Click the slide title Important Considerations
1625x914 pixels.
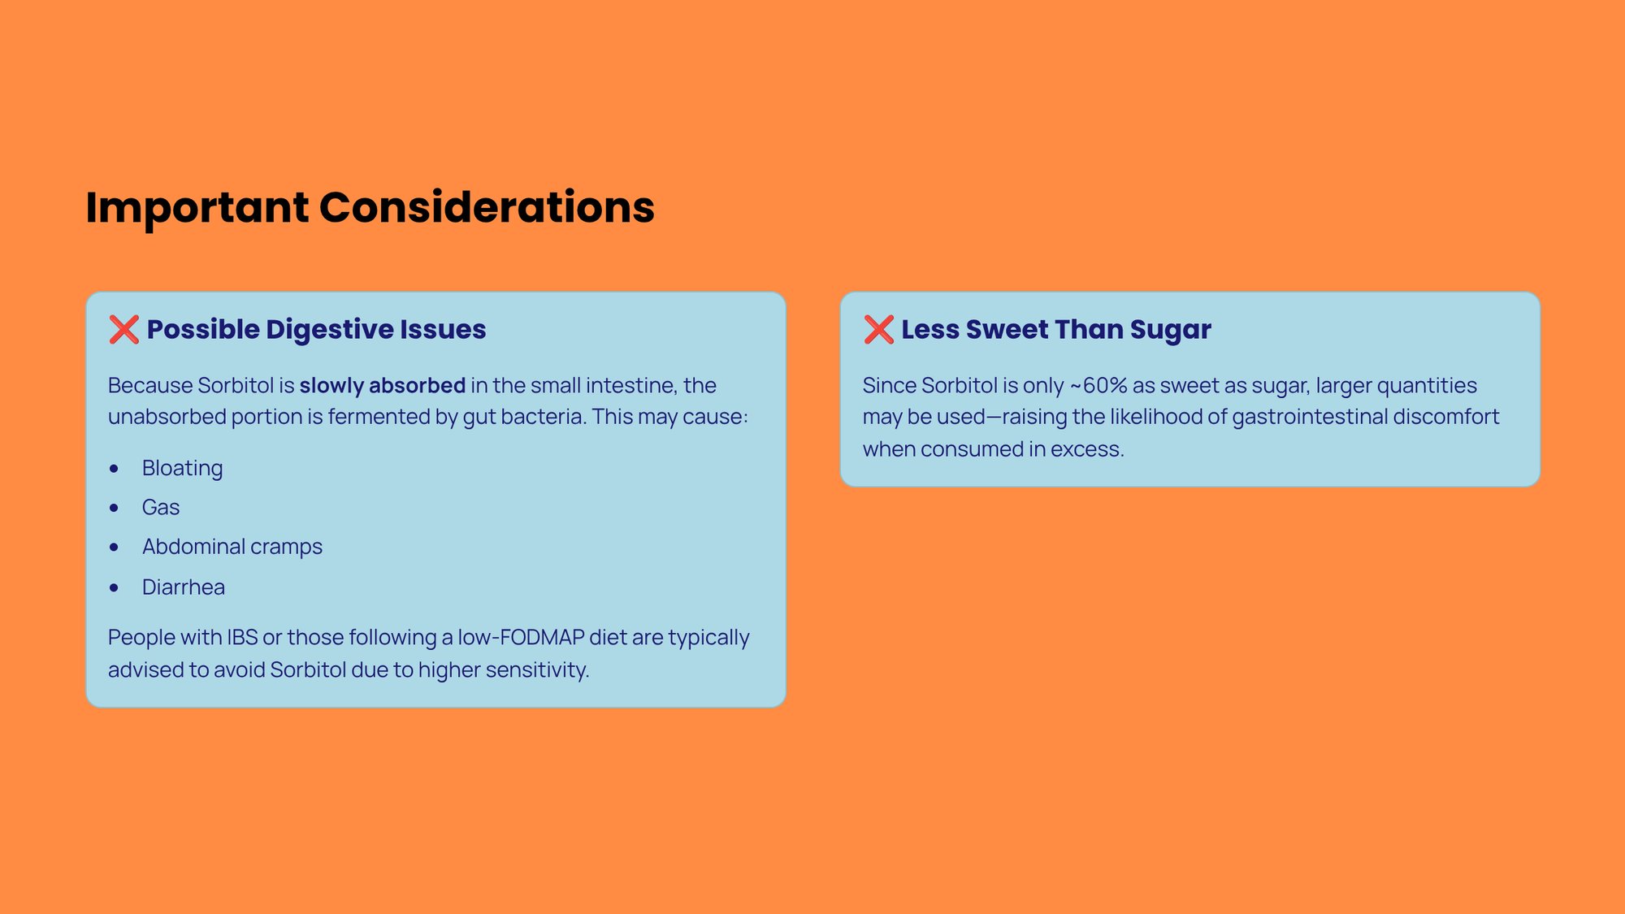click(x=370, y=207)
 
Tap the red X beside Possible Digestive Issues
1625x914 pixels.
click(x=124, y=329)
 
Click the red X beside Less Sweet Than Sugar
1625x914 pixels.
click(x=878, y=329)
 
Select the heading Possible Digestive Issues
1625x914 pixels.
click(x=316, y=329)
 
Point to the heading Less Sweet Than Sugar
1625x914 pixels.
click(x=1055, y=329)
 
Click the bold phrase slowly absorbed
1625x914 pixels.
click(x=382, y=385)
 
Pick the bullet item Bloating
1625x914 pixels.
click(x=182, y=468)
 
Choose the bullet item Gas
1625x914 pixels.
click(x=160, y=507)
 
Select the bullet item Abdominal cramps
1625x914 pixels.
click(x=232, y=547)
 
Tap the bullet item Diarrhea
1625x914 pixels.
click(x=183, y=587)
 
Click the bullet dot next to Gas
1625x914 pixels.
click(x=114, y=508)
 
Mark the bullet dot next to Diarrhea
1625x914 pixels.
click(x=114, y=587)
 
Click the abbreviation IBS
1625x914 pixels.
click(x=242, y=638)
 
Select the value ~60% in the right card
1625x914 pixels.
click(x=1098, y=385)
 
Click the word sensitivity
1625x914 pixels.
click(x=537, y=670)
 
